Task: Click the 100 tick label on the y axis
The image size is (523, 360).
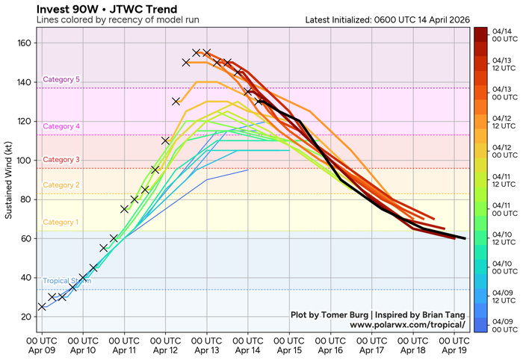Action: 25,161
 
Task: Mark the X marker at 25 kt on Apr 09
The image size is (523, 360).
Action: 42,306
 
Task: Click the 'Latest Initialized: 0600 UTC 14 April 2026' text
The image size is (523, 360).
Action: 388,19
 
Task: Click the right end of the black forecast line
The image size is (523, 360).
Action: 465,238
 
